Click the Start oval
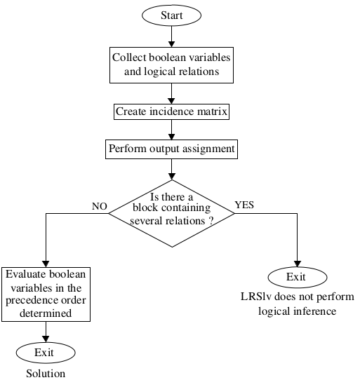171,14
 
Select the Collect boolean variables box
171,64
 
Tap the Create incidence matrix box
171,111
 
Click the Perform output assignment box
171,149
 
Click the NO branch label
99,206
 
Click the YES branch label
244,205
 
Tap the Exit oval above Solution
46,353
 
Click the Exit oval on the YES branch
296,278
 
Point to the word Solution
46,374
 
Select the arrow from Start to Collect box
171,36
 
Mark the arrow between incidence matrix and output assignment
171,130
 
